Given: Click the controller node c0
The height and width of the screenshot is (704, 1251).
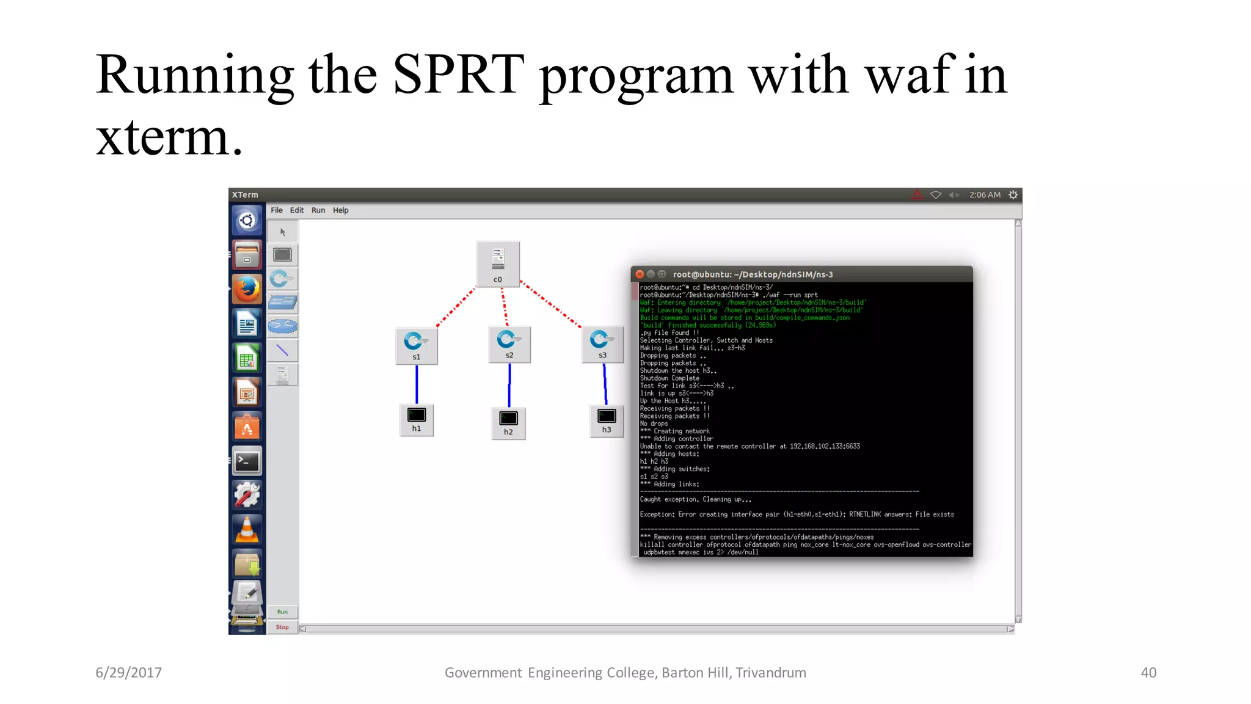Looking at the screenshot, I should (x=498, y=263).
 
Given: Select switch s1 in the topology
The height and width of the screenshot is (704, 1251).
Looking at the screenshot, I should (x=417, y=345).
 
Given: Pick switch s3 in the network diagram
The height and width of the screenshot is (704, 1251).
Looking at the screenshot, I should (x=602, y=343).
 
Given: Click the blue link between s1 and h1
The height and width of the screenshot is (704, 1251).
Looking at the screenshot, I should (x=417, y=384).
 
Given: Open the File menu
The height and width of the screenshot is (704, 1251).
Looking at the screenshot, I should (x=277, y=210).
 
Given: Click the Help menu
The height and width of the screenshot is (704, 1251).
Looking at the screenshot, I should (x=340, y=210).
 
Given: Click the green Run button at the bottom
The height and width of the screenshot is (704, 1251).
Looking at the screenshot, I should (x=282, y=612).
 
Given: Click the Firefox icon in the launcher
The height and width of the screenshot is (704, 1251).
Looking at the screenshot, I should (x=247, y=289).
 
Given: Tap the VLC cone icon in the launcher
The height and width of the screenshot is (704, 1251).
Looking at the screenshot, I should (x=247, y=529).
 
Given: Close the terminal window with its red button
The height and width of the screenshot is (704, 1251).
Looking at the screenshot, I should (x=640, y=274).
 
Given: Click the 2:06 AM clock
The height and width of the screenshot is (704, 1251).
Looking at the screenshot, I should (x=985, y=195).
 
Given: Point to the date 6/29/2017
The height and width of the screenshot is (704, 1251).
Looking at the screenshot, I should (x=128, y=673).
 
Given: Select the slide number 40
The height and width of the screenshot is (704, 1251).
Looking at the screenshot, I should (x=1148, y=673).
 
